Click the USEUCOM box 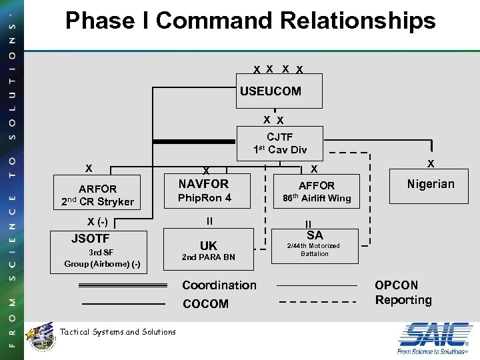coord(280,91)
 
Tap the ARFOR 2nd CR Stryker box coord(97,195)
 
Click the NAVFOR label coord(203,183)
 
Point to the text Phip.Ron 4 coord(205,198)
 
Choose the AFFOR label coord(317,185)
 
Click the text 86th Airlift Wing coord(317,198)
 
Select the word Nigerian coord(431,184)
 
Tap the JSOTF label coord(91,238)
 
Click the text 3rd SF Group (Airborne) coord(101,258)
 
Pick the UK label coord(209,245)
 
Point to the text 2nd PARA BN coord(209,257)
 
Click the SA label coord(315,235)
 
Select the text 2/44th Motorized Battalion coord(313,249)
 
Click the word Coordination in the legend coord(219,285)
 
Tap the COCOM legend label coord(205,304)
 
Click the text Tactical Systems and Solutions coord(118,332)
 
